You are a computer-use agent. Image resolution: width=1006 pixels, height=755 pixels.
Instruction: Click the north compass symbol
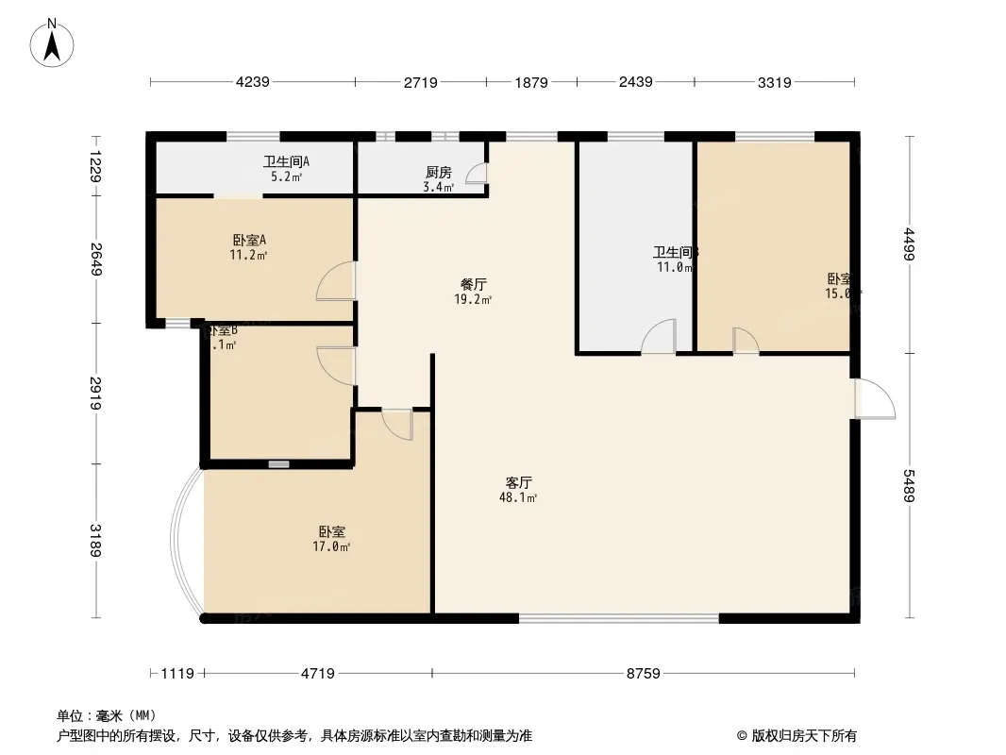[54, 42]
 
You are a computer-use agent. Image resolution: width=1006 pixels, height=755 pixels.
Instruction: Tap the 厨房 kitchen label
[439, 173]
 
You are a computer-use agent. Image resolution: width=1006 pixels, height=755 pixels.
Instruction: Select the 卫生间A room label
[286, 161]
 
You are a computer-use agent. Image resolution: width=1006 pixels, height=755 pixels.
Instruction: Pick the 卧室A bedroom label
[249, 240]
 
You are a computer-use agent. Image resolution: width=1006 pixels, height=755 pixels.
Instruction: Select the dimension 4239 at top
[252, 82]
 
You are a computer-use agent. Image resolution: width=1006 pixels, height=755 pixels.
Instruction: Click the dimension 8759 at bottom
[644, 674]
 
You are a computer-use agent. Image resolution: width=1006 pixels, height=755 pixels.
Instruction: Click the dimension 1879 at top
[531, 82]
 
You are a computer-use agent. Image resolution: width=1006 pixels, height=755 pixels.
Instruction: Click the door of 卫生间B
[659, 337]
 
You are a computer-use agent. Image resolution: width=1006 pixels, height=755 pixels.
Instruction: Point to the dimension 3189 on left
[95, 540]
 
